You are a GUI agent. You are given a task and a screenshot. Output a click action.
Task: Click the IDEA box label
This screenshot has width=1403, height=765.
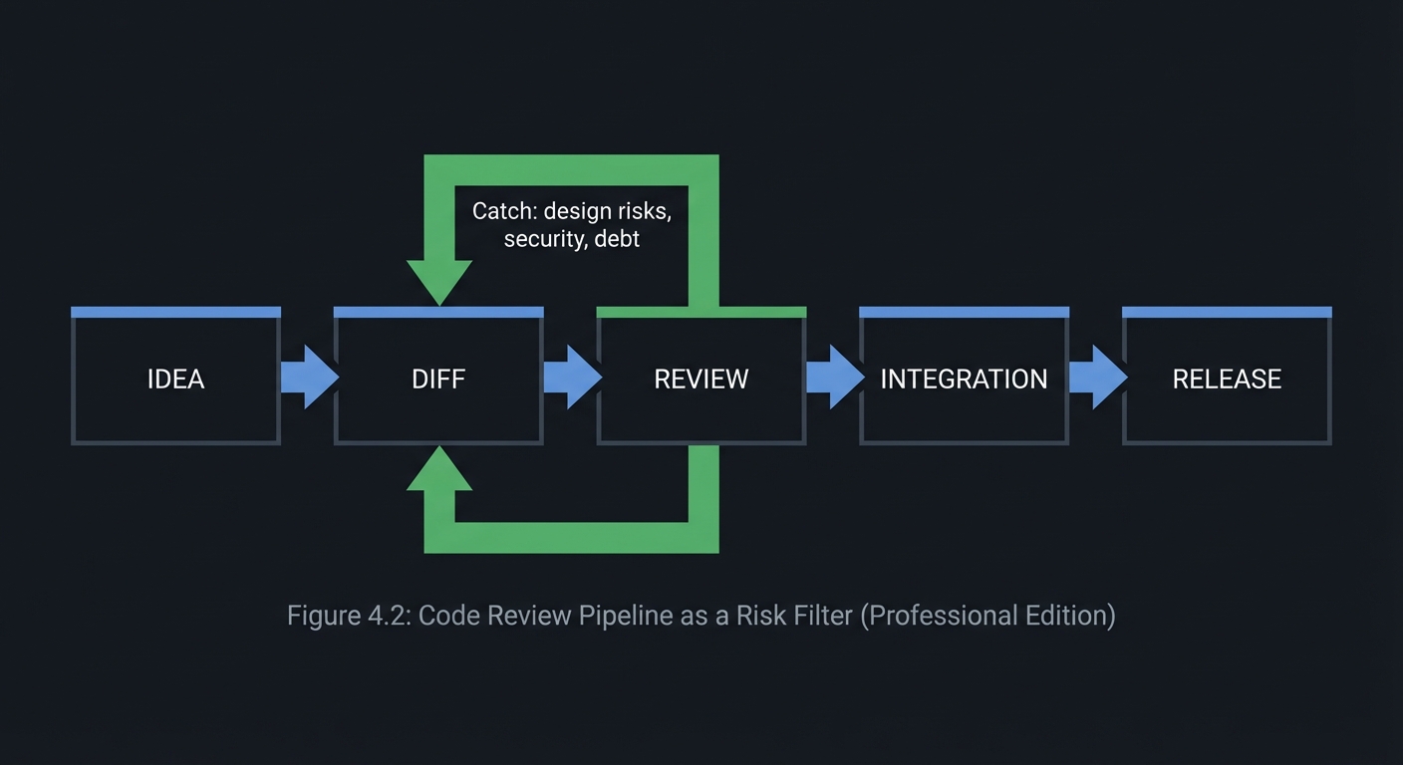click(x=175, y=380)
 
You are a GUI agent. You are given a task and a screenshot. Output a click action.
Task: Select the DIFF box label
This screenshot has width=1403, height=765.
click(x=438, y=380)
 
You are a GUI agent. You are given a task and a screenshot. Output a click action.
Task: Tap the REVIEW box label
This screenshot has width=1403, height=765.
click(x=701, y=380)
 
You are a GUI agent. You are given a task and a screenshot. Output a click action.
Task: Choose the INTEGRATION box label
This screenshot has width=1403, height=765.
click(x=964, y=380)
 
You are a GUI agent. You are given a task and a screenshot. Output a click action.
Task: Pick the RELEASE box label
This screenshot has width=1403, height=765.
click(x=1227, y=380)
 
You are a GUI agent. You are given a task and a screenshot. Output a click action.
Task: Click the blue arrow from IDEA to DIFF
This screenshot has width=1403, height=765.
click(x=309, y=378)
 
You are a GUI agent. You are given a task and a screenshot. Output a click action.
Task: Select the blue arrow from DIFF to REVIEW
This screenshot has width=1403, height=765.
click(x=572, y=378)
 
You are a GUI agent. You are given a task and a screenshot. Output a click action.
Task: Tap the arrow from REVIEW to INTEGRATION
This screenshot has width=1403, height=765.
click(x=834, y=378)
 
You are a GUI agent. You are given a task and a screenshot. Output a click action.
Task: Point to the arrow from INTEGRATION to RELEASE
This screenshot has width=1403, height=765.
click(x=1097, y=378)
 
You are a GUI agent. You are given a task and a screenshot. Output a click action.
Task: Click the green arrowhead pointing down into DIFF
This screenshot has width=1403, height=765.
click(x=439, y=282)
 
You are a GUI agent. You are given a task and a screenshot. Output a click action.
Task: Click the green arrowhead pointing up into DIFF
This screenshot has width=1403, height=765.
click(x=439, y=470)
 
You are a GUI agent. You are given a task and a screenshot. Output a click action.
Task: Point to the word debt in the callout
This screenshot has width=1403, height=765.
click(x=617, y=239)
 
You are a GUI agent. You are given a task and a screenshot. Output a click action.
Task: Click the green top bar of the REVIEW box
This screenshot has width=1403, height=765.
click(x=701, y=312)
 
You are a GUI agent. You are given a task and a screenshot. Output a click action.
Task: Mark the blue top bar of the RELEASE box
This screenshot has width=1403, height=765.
click(x=1227, y=312)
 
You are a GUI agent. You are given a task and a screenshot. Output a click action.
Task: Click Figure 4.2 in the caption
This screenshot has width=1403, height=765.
click(x=348, y=616)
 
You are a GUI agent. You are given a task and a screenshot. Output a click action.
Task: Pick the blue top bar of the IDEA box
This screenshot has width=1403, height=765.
click(x=175, y=312)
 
